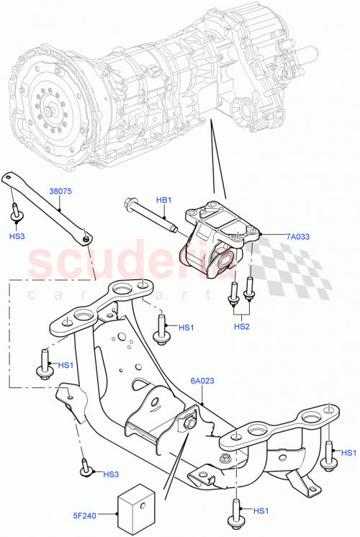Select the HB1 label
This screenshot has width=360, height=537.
163,199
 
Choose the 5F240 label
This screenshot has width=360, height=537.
86,515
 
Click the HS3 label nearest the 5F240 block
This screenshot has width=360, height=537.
110,474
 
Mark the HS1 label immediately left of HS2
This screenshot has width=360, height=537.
186,328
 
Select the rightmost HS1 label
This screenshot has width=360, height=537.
348,452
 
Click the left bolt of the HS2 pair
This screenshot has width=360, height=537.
233,296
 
